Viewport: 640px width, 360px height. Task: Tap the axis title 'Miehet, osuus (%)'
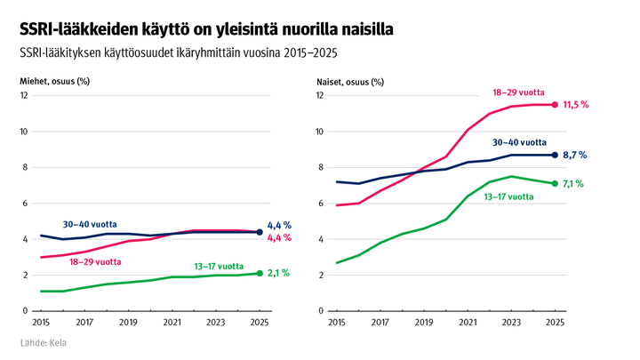click(x=55, y=81)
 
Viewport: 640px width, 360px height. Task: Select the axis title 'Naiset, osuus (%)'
click(x=350, y=81)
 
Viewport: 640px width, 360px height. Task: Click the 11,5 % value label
click(x=576, y=105)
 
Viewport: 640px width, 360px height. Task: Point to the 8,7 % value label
click(x=575, y=155)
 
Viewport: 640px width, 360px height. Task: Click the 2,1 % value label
click(x=280, y=274)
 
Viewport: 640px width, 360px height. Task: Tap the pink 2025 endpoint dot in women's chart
click(x=556, y=104)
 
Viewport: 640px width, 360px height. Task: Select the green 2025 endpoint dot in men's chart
click(x=260, y=273)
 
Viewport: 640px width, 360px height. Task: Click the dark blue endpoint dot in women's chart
click(x=556, y=155)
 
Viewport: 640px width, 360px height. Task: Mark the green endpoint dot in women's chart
click(x=556, y=183)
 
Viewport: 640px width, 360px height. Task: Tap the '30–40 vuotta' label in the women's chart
click(x=519, y=141)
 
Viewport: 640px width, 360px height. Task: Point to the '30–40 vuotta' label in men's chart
click(x=90, y=224)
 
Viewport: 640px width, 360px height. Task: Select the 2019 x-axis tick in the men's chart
click(x=128, y=323)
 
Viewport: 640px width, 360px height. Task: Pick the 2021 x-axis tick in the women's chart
click(x=465, y=323)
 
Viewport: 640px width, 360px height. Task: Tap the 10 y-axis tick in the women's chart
click(x=321, y=132)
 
